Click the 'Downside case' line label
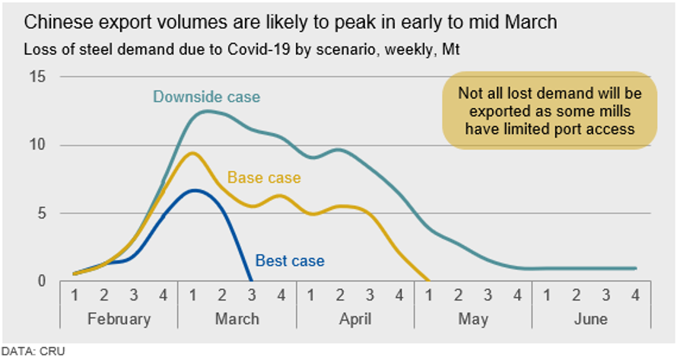[206, 97]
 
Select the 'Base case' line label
[264, 178]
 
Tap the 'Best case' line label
[289, 260]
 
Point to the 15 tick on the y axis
[37, 77]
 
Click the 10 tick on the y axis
[37, 145]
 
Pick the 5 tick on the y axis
[41, 213]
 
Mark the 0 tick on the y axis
[41, 281]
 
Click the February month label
[119, 318]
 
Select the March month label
[237, 318]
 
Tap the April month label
[355, 318]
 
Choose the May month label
[473, 318]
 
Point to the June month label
[590, 318]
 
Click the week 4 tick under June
[635, 295]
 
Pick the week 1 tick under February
[75, 295]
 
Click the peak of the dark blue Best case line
[195, 190]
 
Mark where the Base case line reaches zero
[428, 281]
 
